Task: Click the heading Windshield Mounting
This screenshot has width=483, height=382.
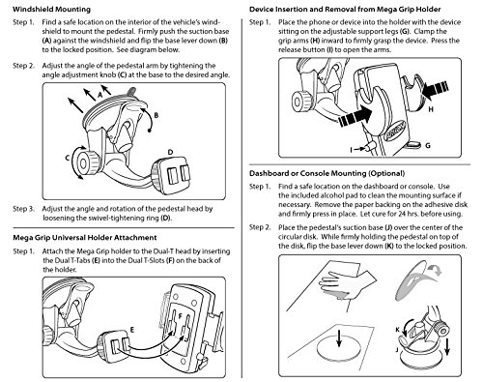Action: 51,9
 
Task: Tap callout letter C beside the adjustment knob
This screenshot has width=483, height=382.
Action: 68,158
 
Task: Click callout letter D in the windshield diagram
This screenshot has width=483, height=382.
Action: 170,152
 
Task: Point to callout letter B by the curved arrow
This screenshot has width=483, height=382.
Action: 156,115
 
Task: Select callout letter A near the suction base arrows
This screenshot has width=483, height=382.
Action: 99,95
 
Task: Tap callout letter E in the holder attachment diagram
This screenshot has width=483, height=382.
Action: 131,329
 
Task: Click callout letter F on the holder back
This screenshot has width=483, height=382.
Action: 181,315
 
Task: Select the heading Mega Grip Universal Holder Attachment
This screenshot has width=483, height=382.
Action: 85,238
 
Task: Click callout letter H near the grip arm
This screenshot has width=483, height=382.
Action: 431,109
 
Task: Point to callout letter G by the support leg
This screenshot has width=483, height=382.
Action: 428,145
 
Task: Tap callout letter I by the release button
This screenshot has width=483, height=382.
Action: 352,149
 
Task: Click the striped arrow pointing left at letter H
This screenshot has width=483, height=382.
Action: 436,88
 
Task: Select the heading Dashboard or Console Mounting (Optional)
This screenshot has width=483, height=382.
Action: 327,173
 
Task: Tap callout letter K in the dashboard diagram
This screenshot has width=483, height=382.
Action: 398,330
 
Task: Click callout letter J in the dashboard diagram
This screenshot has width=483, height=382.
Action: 397,350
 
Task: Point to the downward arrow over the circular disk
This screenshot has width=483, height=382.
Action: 338,340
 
